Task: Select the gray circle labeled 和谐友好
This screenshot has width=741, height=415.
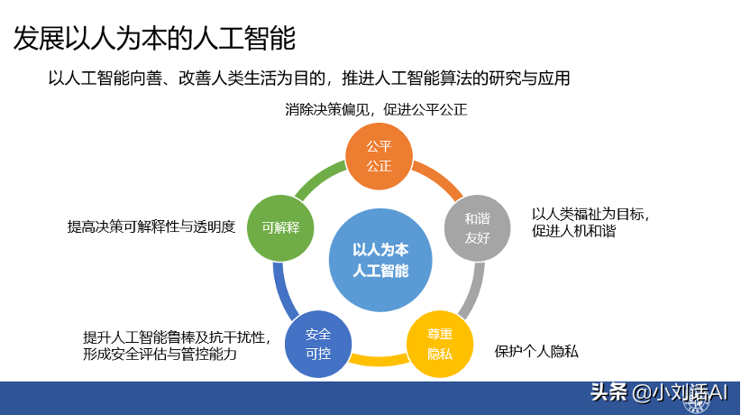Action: pyautogui.click(x=477, y=229)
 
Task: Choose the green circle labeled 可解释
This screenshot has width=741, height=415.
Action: pyautogui.click(x=280, y=228)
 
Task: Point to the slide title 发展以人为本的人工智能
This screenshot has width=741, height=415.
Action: pyautogui.click(x=154, y=39)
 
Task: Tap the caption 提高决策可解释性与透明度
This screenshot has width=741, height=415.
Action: pyautogui.click(x=151, y=227)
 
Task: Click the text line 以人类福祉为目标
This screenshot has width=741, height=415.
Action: pyautogui.click(x=590, y=214)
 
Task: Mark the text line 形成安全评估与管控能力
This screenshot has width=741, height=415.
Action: pyautogui.click(x=160, y=355)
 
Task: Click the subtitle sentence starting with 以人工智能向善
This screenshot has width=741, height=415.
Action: pyautogui.click(x=309, y=78)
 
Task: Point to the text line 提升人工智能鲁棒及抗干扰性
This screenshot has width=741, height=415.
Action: pyautogui.click(x=177, y=337)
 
